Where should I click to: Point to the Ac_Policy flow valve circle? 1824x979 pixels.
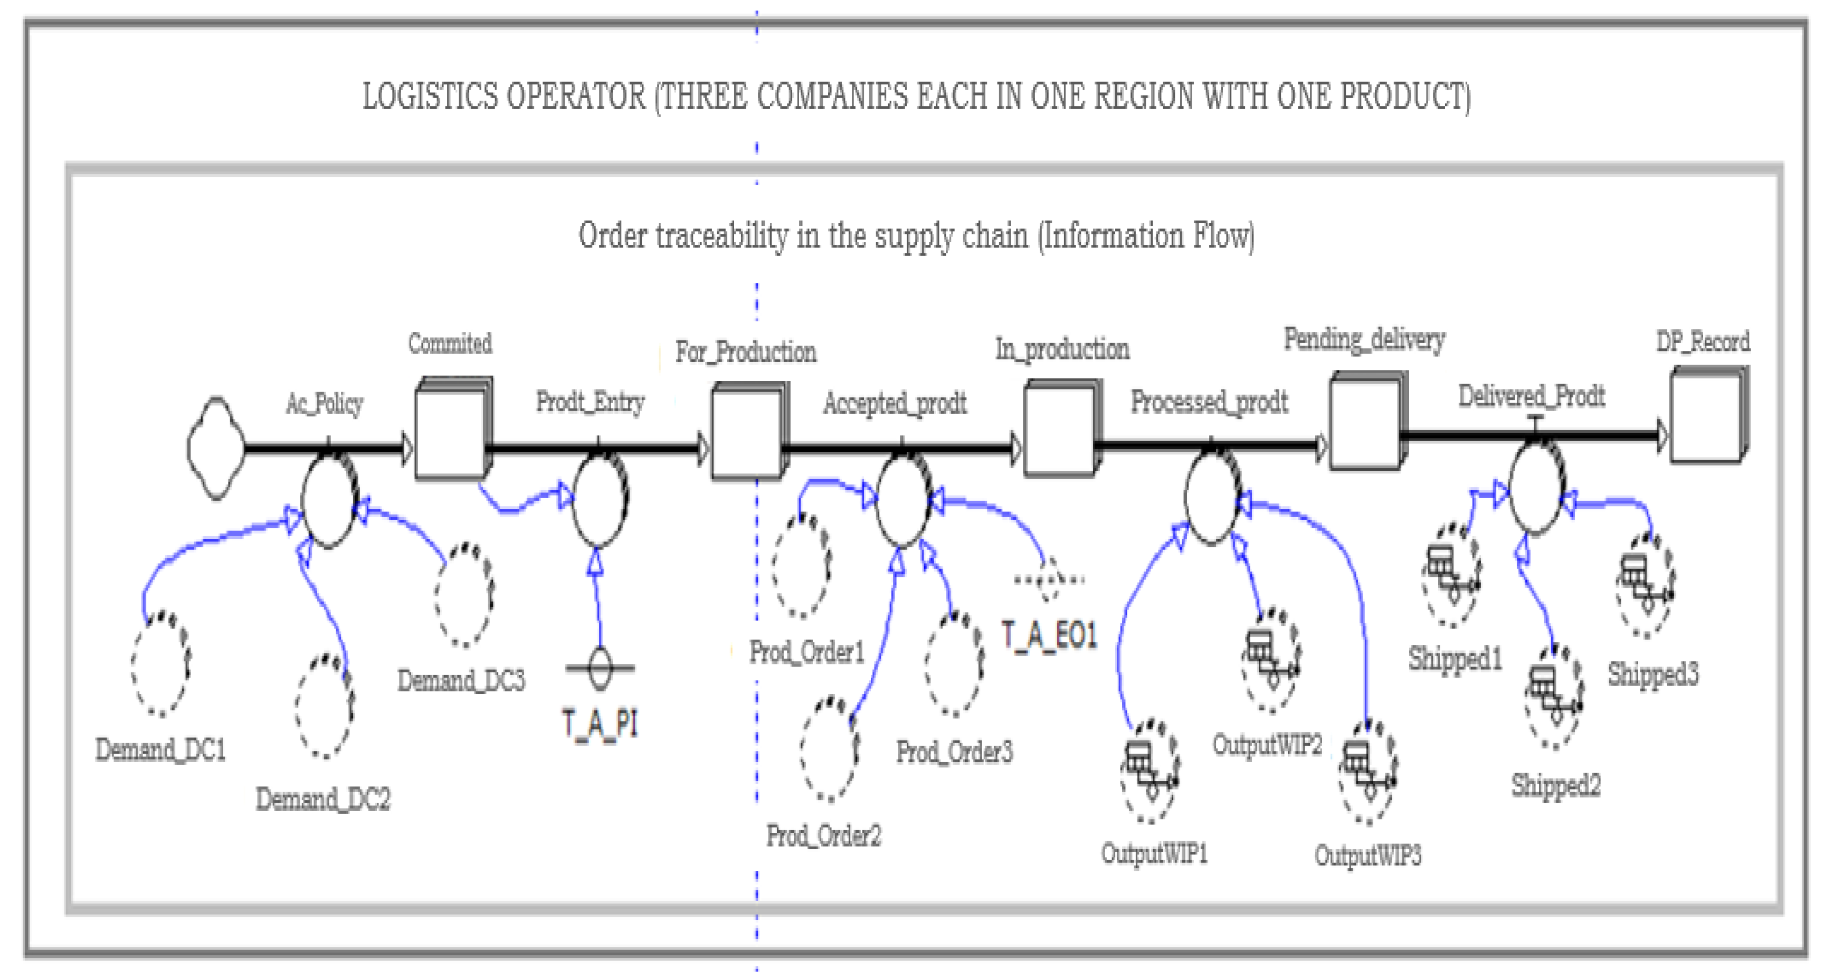pyautogui.click(x=329, y=500)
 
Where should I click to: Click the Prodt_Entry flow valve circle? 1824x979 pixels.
pyautogui.click(x=599, y=500)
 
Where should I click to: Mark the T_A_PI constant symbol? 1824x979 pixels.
pyautogui.click(x=600, y=668)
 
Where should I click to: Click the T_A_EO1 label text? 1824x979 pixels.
pyautogui.click(x=1049, y=635)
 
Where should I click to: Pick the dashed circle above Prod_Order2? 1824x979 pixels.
pyautogui.click(x=829, y=749)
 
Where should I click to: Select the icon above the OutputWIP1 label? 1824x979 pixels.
pyautogui.click(x=1149, y=772)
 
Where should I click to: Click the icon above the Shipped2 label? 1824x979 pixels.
pyautogui.click(x=1553, y=697)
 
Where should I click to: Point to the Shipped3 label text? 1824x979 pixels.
pyautogui.click(x=1652, y=674)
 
